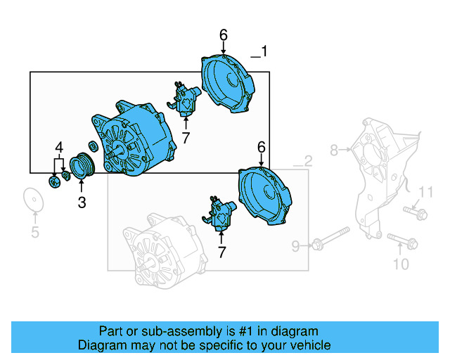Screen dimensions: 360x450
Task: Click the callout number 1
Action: pyautogui.click(x=264, y=51)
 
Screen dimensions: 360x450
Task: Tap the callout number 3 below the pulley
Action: pyautogui.click(x=82, y=203)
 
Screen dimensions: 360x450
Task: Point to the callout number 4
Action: pyautogui.click(x=60, y=148)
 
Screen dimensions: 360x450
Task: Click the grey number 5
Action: pyautogui.click(x=34, y=233)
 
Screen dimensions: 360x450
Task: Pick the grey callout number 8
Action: pyautogui.click(x=335, y=149)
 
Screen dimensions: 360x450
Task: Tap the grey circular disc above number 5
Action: pyautogui.click(x=33, y=199)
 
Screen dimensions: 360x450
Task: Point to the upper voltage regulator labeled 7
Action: pyautogui.click(x=185, y=99)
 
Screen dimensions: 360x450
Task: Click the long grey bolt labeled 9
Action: pyautogui.click(x=330, y=238)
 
